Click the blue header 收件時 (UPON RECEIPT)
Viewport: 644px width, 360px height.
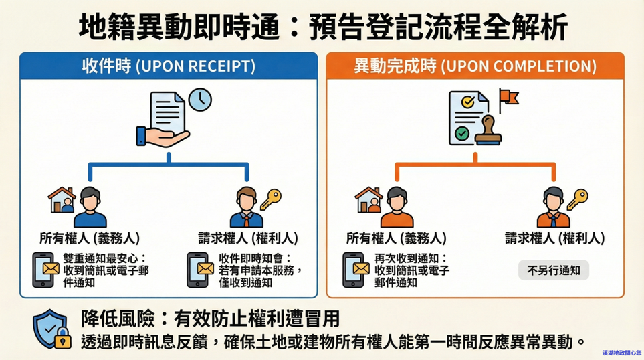168,66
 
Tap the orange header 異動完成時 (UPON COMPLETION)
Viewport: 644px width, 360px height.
474,66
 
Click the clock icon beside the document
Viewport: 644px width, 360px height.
199,100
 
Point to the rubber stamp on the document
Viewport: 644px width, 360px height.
488,130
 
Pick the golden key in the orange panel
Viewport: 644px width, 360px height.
576,199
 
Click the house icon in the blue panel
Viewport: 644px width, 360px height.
61,199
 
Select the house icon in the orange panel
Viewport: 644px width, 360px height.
368,199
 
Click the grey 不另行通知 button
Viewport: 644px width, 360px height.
553,270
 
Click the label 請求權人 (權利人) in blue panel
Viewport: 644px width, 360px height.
247,238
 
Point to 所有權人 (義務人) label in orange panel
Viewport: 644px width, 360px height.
396,238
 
